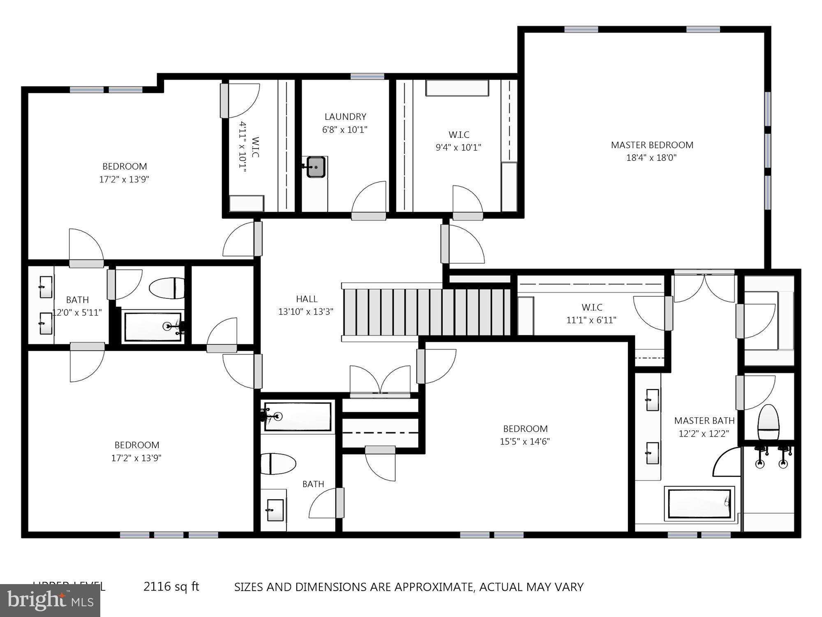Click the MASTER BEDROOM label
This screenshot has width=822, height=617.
click(652, 145)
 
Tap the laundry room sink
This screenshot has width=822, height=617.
click(316, 167)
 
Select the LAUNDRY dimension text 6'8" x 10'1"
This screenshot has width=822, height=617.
click(344, 130)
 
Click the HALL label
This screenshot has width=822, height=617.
click(307, 299)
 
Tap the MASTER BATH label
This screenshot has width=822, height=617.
click(704, 420)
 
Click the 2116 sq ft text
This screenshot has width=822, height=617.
click(171, 586)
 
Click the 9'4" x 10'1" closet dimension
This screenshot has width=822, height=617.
click(458, 147)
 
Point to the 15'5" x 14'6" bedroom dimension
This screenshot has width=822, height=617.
click(525, 441)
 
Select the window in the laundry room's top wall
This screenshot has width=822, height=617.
click(367, 76)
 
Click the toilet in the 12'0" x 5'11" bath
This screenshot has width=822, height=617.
click(167, 288)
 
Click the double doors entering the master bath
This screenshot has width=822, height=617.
click(704, 287)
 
